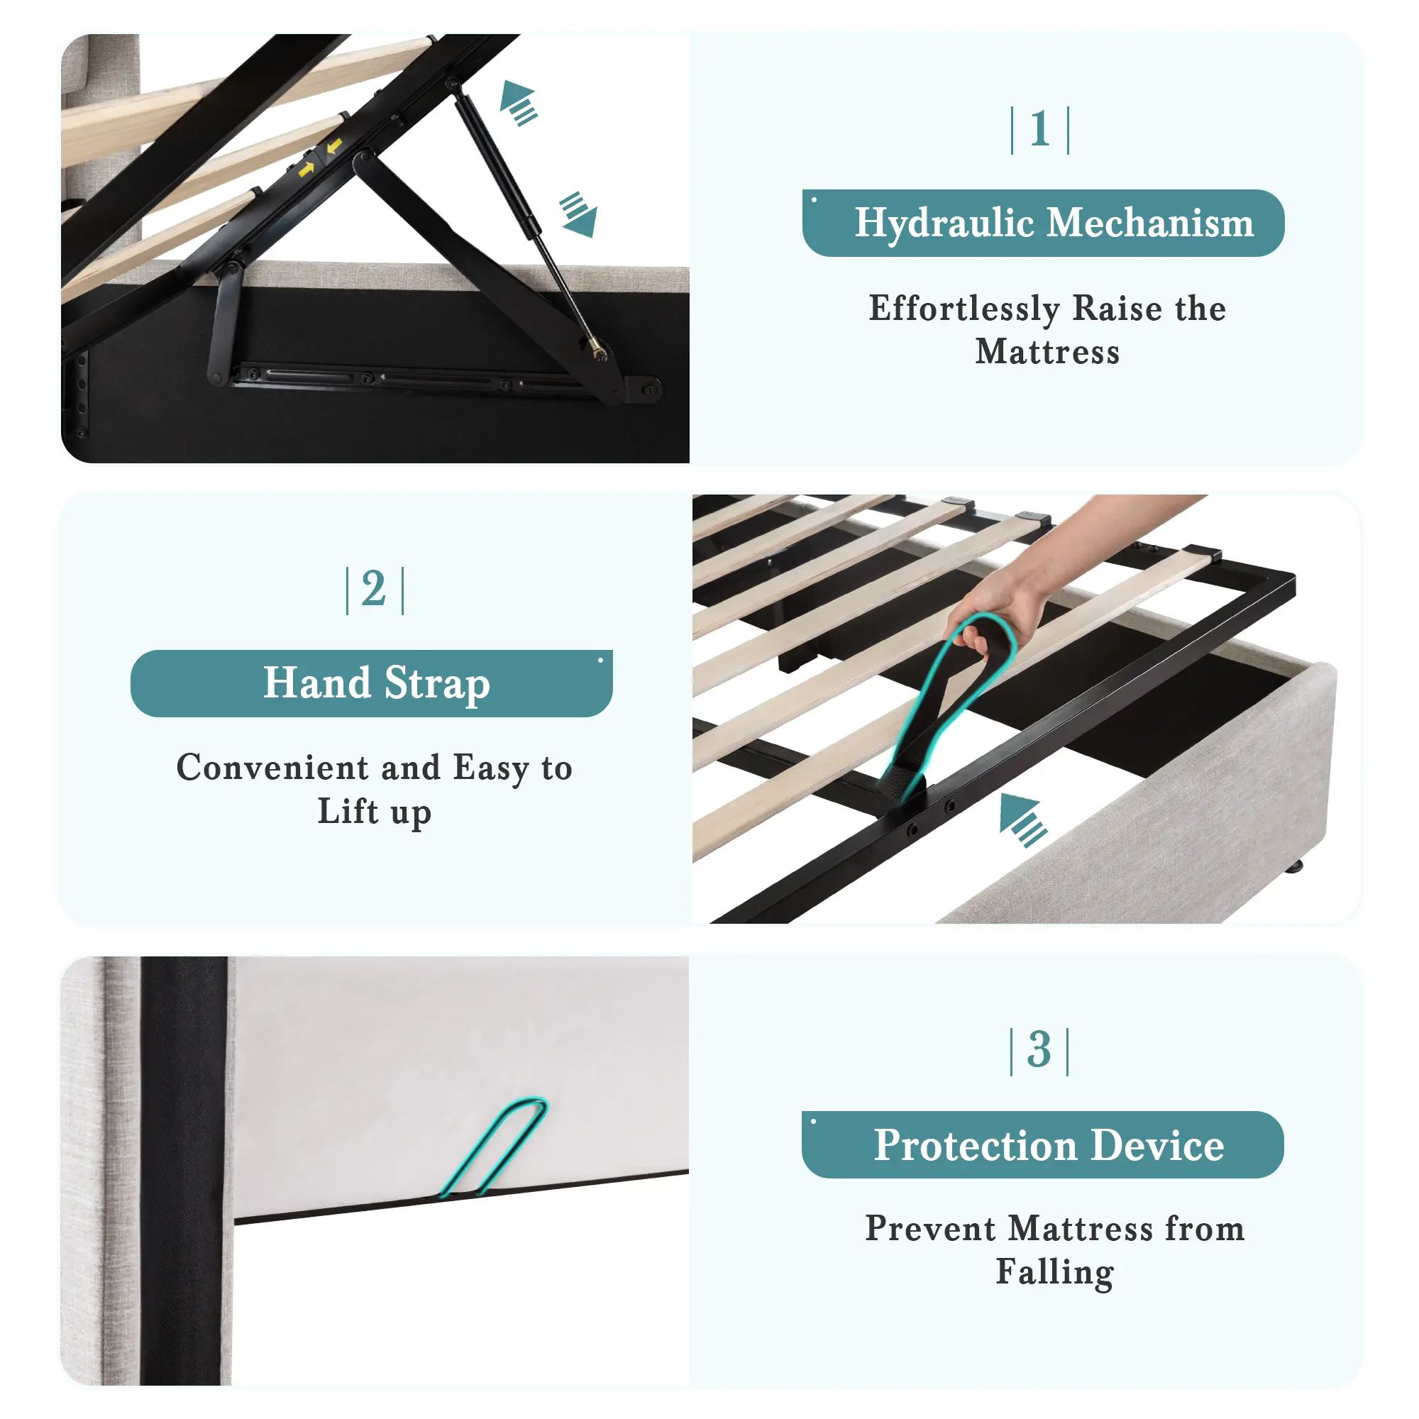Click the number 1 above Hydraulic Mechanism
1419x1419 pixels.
(x=1039, y=129)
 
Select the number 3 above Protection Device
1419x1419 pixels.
(x=1039, y=1049)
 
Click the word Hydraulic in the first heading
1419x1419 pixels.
(x=944, y=223)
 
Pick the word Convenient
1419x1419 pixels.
(x=272, y=768)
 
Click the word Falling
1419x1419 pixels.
(x=1055, y=1273)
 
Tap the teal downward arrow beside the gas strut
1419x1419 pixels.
(x=579, y=214)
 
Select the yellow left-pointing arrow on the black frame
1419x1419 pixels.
(x=334, y=147)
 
